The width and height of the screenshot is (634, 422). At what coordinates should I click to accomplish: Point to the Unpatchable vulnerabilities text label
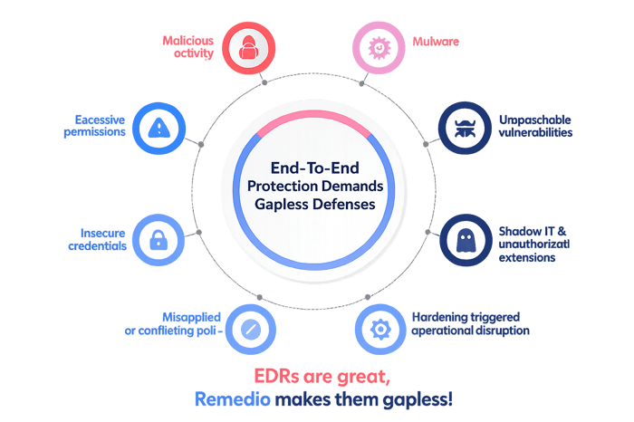point(535,126)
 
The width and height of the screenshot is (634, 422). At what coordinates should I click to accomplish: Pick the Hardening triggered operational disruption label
point(470,324)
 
